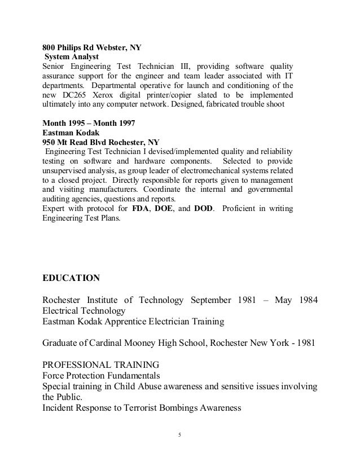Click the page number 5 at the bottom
click(179, 436)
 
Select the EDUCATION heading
click(71, 278)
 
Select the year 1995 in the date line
click(77, 122)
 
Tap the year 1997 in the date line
click(125, 122)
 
